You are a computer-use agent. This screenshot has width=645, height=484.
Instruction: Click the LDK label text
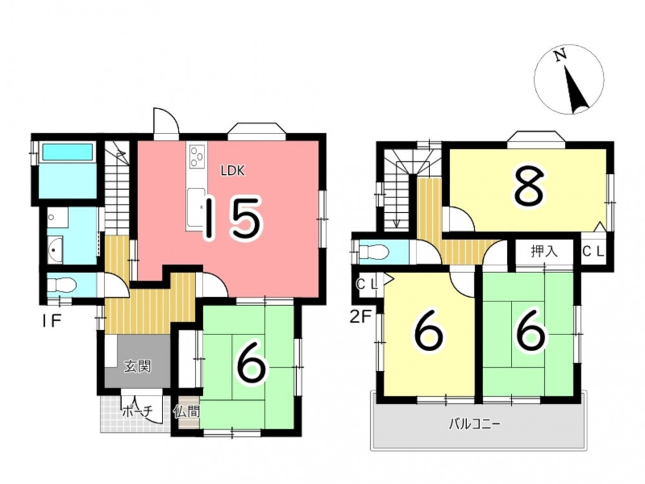coord(233,170)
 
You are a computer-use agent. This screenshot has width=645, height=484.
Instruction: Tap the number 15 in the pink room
coord(233,218)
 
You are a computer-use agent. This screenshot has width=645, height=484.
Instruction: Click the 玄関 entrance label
coord(138,366)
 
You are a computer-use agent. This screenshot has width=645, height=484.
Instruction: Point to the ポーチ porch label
coord(137,410)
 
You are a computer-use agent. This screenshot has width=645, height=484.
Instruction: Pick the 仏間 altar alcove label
coord(186,411)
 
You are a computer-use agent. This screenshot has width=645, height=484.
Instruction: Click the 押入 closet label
coord(544,251)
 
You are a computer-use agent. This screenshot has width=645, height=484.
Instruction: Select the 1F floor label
coord(52,320)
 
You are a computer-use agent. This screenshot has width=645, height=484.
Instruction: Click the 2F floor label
coord(360,317)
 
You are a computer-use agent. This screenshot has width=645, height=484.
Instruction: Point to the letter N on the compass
coord(559,56)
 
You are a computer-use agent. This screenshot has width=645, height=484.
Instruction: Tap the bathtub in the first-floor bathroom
coord(68,152)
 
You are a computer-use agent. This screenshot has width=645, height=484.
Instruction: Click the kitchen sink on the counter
coord(197,207)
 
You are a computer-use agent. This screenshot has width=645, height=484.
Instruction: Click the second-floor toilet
coord(373,252)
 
